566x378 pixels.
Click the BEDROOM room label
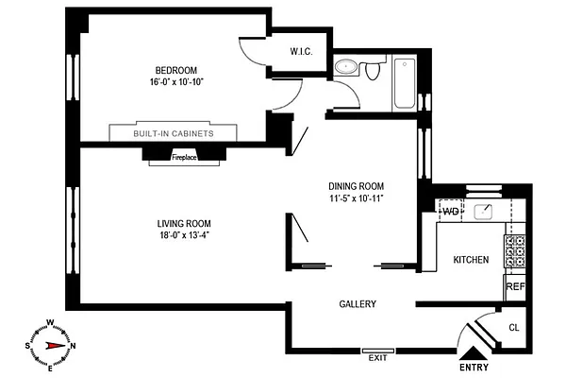pyautogui.click(x=176, y=70)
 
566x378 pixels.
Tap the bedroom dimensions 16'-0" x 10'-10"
pyautogui.click(x=176, y=83)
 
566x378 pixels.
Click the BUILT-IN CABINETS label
pyautogui.click(x=173, y=134)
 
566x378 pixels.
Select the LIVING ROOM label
pyautogui.click(x=183, y=223)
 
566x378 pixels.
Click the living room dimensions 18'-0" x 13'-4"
pyautogui.click(x=183, y=236)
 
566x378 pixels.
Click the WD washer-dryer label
pyautogui.click(x=450, y=210)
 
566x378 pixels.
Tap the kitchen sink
pyautogui.click(x=487, y=210)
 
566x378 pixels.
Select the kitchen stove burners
pyautogui.click(x=515, y=251)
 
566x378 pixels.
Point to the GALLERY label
pyautogui.click(x=358, y=304)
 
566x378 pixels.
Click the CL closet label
pyautogui.click(x=514, y=328)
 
